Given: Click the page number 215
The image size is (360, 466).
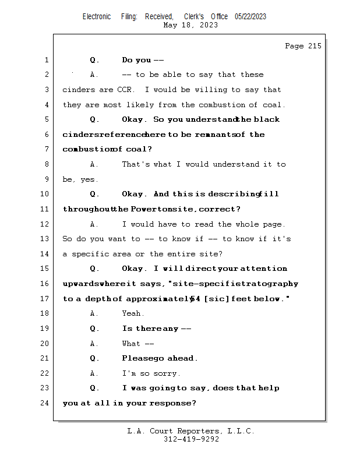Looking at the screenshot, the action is (315, 46).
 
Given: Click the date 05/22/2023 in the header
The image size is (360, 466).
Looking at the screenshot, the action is (250, 16).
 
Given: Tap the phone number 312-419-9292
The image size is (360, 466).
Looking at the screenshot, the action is (191, 439).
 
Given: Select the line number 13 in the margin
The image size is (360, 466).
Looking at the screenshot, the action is (45, 239).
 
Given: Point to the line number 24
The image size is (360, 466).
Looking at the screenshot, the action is (45, 403).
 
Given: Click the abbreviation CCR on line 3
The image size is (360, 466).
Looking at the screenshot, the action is (125, 90).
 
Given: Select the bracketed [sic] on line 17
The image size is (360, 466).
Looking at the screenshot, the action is (216, 298).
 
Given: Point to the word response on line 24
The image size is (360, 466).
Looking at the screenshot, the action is (172, 403).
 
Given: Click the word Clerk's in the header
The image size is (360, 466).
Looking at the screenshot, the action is (194, 16).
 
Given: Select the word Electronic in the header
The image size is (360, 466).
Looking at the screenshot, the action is (97, 16).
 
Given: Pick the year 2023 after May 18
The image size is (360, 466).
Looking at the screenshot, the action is (209, 25).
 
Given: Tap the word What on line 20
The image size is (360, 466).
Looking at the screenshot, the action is (131, 343).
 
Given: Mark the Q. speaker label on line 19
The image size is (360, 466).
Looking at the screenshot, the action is (94, 329).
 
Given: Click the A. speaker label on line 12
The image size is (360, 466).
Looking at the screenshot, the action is (94, 224).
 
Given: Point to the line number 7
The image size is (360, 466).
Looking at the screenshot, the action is (47, 149).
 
